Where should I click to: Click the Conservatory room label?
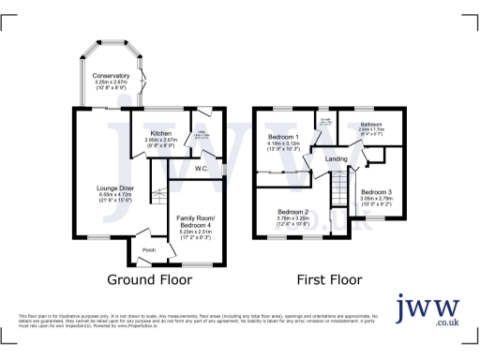pos(111,75)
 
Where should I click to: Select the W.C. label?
pos(201,169)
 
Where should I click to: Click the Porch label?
pos(148,250)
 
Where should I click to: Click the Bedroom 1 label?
pos(284,138)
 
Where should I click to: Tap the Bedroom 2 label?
pos(293,212)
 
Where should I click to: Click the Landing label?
pos(336,158)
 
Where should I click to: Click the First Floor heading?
pos(329,280)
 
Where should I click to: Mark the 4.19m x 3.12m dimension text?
pos(283,144)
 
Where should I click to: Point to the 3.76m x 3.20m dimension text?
pos(293,218)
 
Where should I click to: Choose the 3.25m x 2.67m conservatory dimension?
pos(111,82)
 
